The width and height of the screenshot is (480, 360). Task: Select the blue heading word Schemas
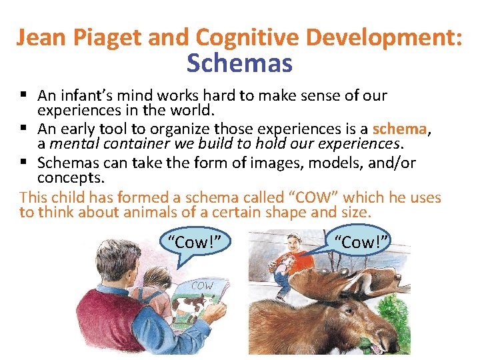239,63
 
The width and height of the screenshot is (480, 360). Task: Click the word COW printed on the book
203,286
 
